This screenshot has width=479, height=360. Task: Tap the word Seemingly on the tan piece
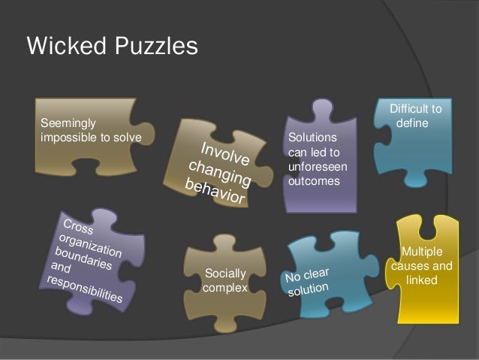pyautogui.click(x=68, y=121)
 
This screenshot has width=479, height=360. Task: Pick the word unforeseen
pyautogui.click(x=313, y=167)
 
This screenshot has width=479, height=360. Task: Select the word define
pyautogui.click(x=411, y=123)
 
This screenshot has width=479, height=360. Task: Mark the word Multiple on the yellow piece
pyautogui.click(x=422, y=252)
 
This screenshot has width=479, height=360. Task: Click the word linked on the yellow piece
pyautogui.click(x=422, y=280)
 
